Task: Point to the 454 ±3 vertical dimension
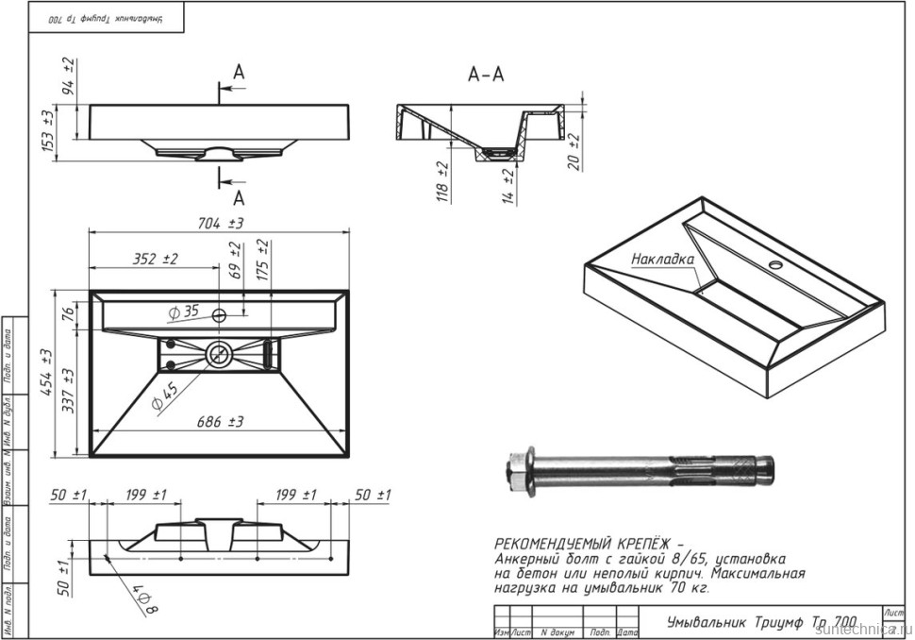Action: point(43,372)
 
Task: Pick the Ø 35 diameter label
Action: point(184,312)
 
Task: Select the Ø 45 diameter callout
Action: point(165,396)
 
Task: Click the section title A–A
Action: point(487,75)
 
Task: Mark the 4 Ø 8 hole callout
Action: point(142,598)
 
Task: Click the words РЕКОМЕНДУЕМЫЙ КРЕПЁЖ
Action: point(577,545)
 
